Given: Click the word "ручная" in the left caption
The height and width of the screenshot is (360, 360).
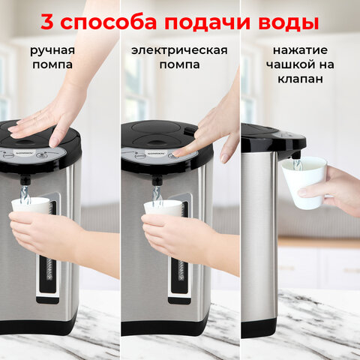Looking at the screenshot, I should click(52, 51).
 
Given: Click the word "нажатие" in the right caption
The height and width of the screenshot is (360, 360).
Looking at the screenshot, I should click(299, 51).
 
